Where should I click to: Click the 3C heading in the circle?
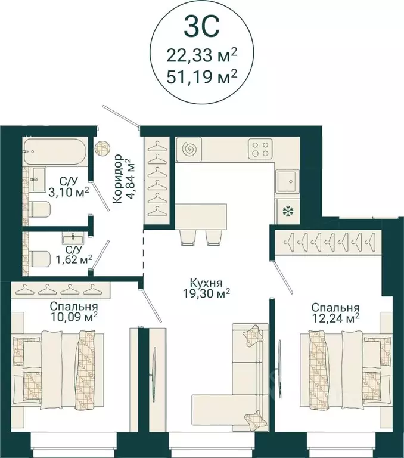coord(201,28)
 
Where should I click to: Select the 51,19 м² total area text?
coord(201,78)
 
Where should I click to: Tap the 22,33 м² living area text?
coord(201,55)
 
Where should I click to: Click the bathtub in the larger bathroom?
coord(55,152)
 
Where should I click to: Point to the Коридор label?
coord(117,179)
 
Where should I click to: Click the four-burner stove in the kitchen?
coord(260,148)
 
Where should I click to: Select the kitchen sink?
coord(288,181)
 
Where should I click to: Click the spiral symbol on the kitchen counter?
coord(188,149)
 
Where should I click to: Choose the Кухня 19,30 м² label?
coord(206,288)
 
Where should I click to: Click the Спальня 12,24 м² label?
coord(335,313)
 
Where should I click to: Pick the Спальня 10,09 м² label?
coord(73,312)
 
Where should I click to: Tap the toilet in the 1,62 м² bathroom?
coord(40,259)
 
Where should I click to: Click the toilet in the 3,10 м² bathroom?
coord(40,210)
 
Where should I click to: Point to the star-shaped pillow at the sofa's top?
coord(251,335)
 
